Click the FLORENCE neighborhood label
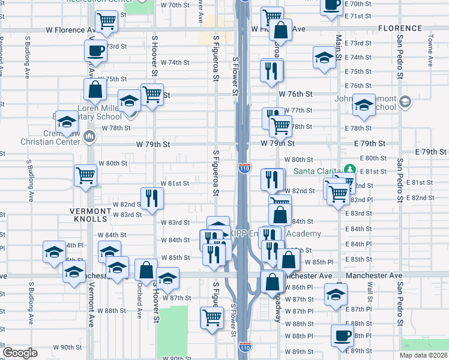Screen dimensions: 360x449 pos(400,28)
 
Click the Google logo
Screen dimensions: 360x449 pos(20,353)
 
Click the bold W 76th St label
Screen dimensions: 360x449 pos(295,94)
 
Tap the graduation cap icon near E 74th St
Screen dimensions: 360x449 pos(324,58)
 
